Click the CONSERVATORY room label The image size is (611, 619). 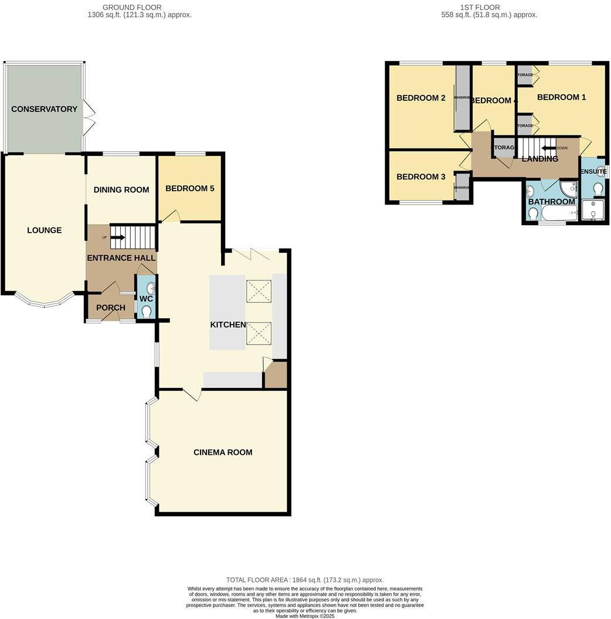(x=44, y=109)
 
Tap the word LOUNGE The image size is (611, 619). (x=44, y=230)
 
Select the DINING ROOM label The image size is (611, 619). (x=121, y=190)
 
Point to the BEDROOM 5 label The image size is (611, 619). (x=189, y=189)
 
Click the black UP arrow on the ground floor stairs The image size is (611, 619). (x=117, y=237)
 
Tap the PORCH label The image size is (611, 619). (x=110, y=308)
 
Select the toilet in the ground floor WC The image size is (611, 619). (x=147, y=311)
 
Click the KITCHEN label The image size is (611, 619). (x=228, y=325)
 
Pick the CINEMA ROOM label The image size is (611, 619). (x=223, y=452)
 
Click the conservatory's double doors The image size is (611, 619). (x=89, y=117)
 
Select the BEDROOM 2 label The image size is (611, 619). (x=421, y=98)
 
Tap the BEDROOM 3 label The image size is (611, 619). (x=421, y=177)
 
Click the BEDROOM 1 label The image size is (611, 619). (x=561, y=97)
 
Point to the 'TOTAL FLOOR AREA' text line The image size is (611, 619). (x=304, y=580)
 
